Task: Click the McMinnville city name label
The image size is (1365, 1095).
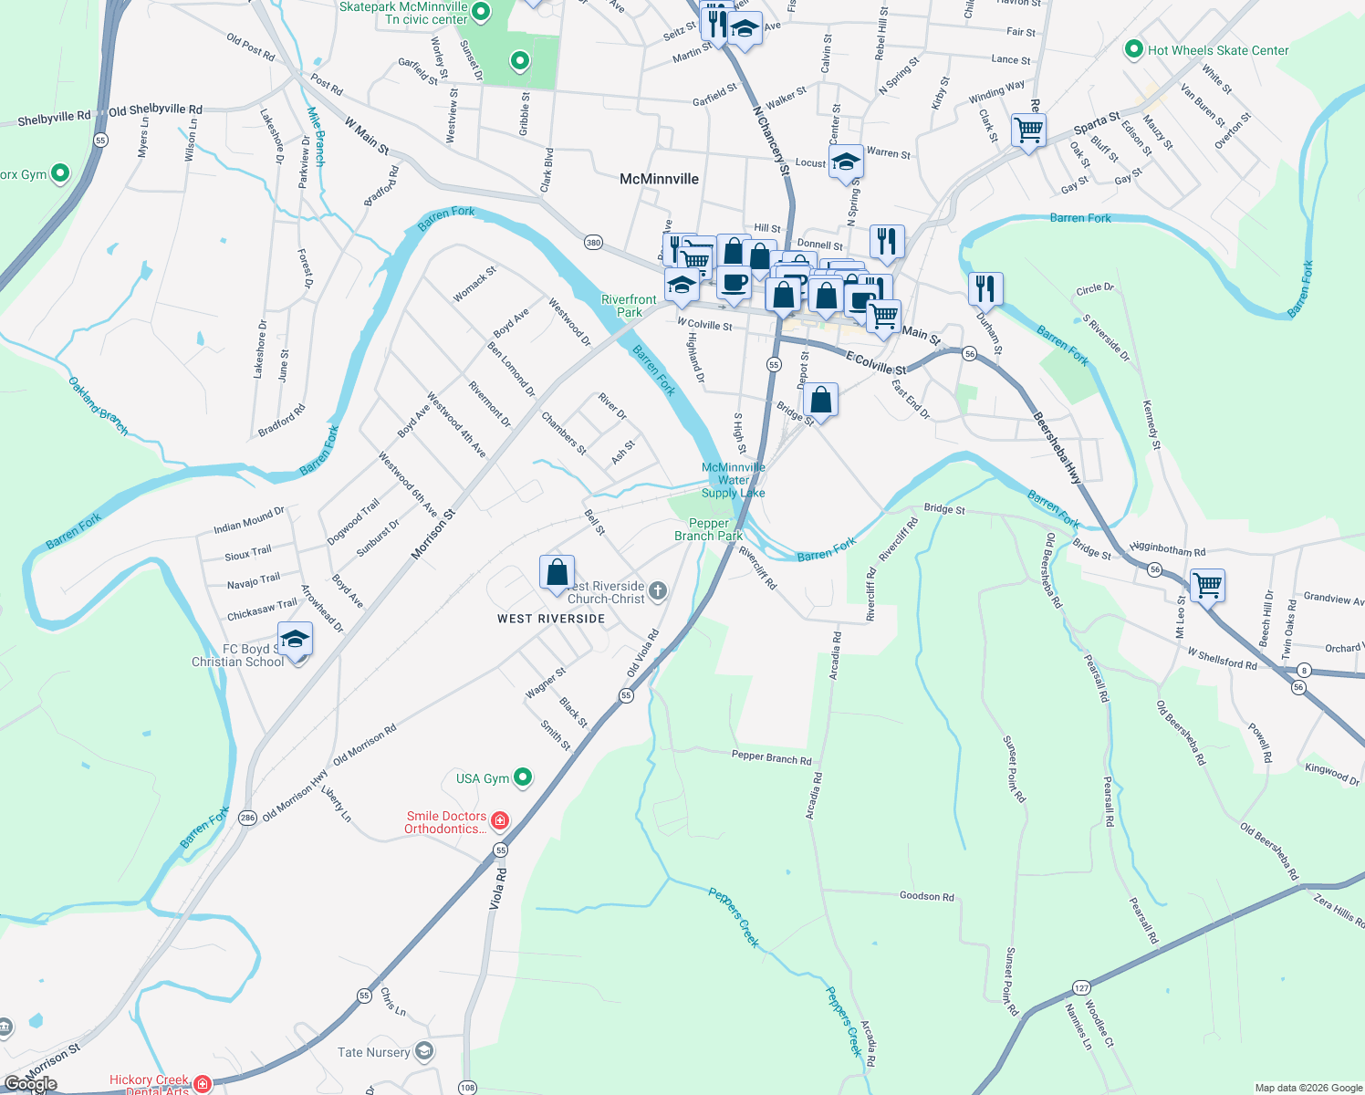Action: [659, 179]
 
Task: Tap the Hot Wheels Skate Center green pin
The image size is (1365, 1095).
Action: [1134, 50]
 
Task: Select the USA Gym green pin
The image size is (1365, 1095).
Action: [523, 777]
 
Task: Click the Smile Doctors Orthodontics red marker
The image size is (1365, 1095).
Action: [500, 821]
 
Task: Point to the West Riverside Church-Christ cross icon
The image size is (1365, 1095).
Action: [657, 592]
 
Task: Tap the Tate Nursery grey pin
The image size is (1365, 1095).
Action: [423, 1052]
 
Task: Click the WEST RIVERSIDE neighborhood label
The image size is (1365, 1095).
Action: [551, 619]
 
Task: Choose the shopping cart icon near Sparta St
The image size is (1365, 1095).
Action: [1028, 130]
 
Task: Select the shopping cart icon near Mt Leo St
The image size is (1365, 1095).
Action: [1207, 584]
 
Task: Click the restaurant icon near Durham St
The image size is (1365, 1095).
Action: [985, 288]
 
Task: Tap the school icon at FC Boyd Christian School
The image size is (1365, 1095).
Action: [295, 639]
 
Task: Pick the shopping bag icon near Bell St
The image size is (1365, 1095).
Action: [557, 573]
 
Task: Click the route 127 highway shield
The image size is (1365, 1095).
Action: [1081, 988]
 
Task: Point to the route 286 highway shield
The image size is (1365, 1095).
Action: [248, 818]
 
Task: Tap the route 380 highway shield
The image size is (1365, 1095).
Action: [593, 243]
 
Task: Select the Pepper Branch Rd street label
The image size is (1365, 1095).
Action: [771, 757]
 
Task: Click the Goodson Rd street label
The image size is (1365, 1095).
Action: [926, 896]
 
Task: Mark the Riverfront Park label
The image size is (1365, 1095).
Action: [629, 306]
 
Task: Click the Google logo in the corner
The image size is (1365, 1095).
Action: [31, 1084]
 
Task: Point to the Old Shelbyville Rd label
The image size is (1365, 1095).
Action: [155, 109]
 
